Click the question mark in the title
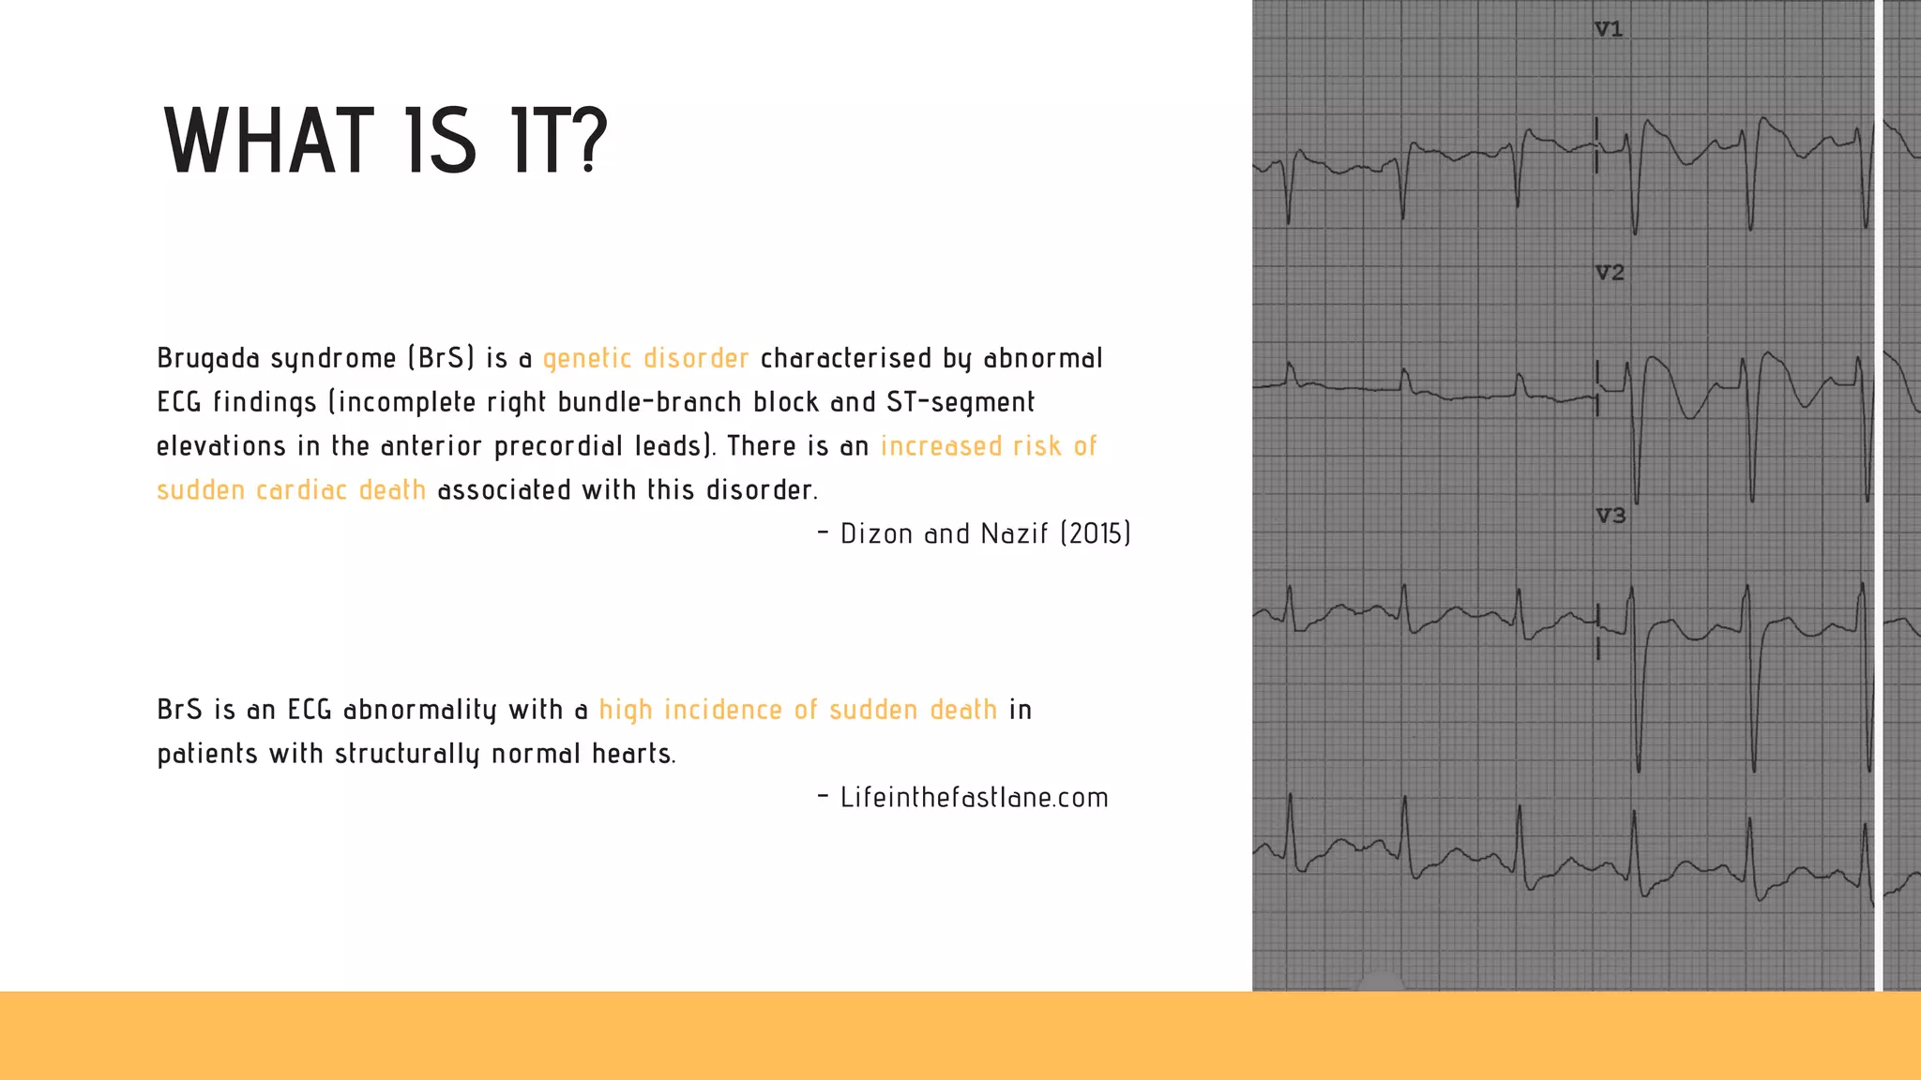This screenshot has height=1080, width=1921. point(588,142)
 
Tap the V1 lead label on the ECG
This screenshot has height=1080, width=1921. point(1609,30)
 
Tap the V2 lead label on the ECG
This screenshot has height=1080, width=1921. point(1610,273)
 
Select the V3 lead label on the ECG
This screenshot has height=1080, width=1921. point(1611,516)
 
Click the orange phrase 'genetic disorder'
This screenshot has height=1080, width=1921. point(645,358)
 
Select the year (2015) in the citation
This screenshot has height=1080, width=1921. point(1096,533)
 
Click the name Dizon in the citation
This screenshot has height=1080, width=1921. point(876,533)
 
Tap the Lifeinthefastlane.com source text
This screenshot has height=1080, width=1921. point(974,798)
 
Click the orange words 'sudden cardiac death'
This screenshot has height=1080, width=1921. point(291,490)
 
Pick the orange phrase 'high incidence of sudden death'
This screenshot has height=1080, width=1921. point(797,710)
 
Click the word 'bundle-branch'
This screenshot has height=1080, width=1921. point(649,402)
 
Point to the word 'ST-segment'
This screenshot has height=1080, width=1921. point(960,402)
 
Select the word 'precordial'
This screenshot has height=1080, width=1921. point(558,446)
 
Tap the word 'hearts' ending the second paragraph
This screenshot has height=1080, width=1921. point(633,754)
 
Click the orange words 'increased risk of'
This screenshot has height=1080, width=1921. point(989,446)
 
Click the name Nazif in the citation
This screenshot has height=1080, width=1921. point(1014,533)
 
